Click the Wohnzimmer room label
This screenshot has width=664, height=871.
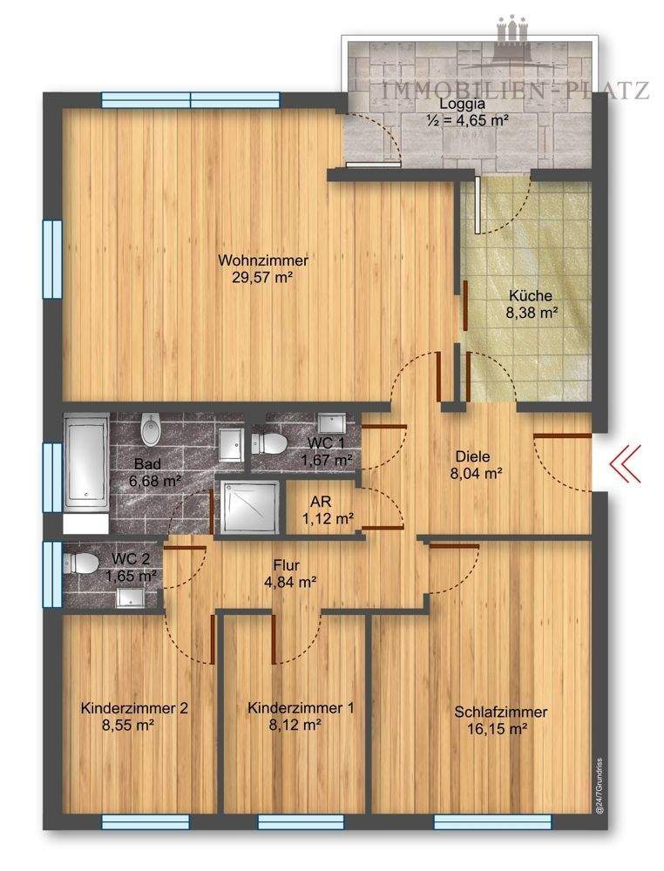click(263, 260)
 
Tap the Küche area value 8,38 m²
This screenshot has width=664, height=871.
click(532, 313)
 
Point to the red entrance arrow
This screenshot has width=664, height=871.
click(625, 463)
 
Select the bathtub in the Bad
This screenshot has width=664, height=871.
click(86, 462)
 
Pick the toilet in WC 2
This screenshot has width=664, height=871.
click(81, 564)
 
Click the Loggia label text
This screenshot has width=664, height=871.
click(455, 104)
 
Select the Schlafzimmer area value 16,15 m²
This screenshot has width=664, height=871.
click(498, 729)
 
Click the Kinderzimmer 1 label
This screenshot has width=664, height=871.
click(301, 708)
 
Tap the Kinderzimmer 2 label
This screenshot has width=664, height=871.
click(134, 708)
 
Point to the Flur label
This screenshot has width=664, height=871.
click(287, 565)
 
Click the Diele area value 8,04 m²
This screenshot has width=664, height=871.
click(476, 473)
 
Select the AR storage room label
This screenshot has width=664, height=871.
click(322, 502)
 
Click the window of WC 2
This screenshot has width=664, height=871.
click(53, 574)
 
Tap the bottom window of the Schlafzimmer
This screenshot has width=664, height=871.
click(492, 821)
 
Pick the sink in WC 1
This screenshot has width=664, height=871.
click(331, 423)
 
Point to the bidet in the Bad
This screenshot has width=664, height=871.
click(151, 429)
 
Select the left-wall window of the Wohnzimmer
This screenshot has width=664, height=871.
click(53, 260)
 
